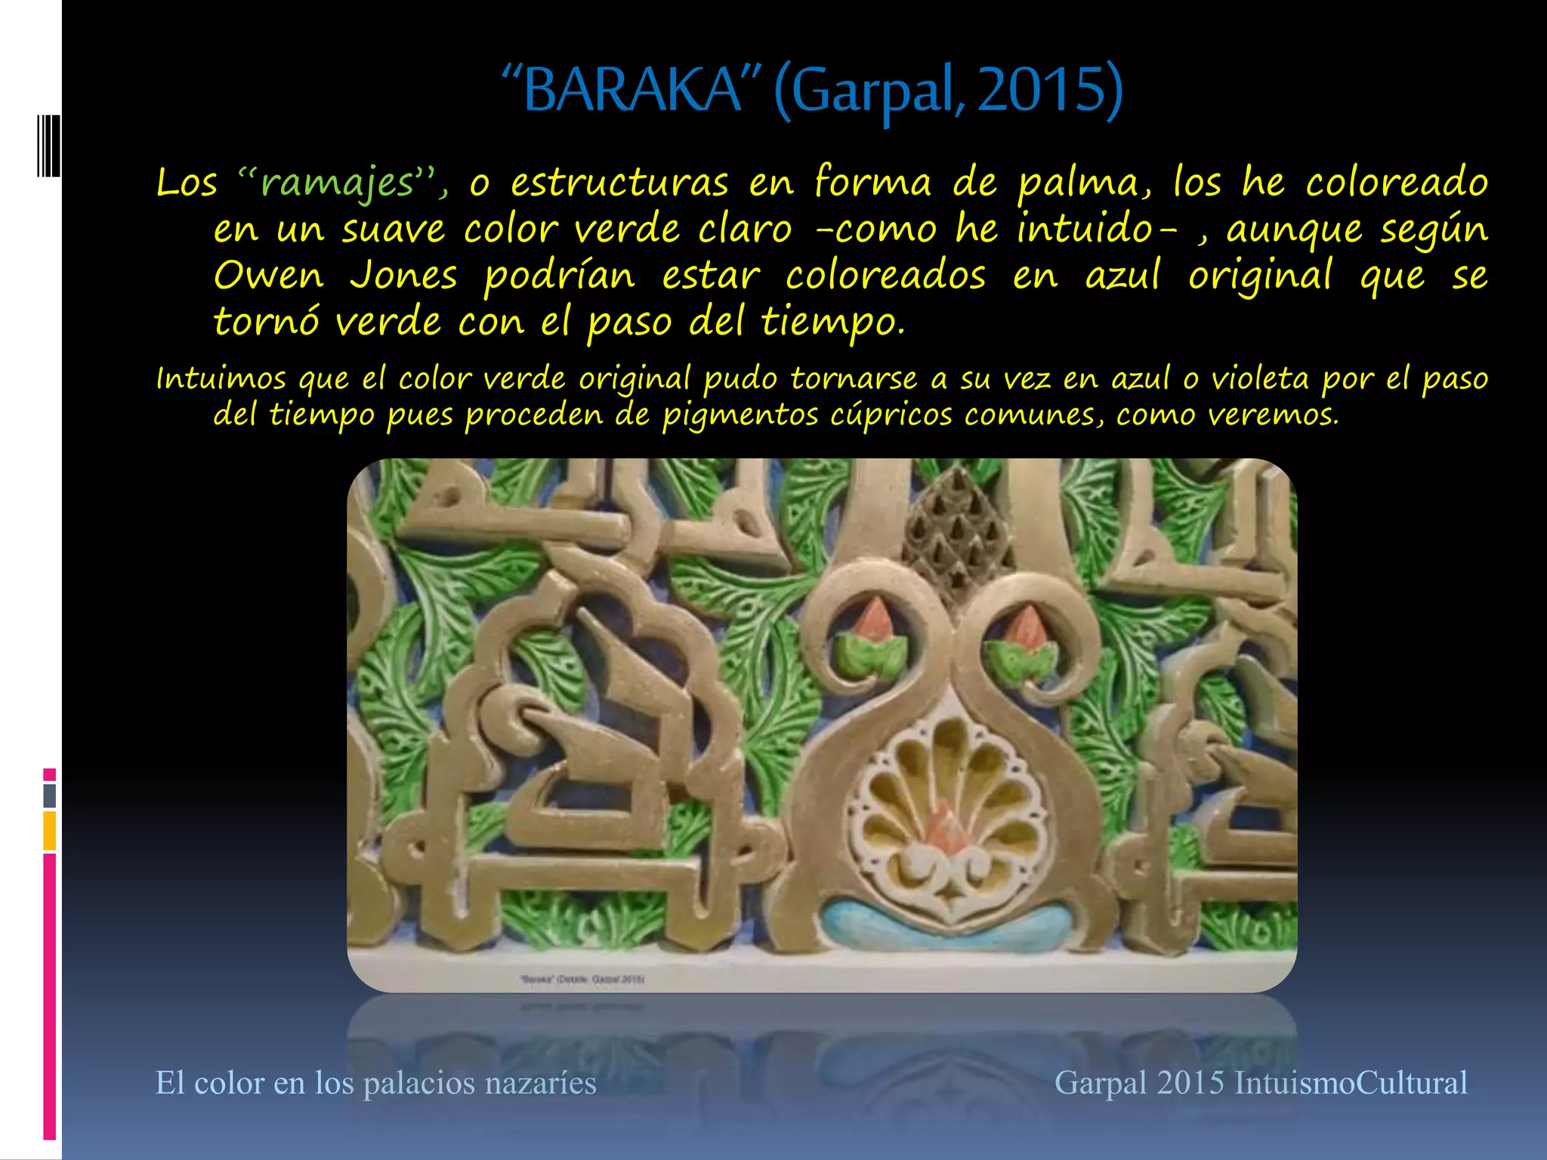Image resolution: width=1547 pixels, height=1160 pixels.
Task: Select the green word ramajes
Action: pos(337,184)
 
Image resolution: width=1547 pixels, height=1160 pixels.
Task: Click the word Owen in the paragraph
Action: pos(268,276)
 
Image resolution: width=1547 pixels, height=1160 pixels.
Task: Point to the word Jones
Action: pos(403,276)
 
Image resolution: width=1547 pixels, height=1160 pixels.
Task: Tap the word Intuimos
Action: pos(221,378)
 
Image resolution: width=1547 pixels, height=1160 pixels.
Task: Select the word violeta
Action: pos(1260,378)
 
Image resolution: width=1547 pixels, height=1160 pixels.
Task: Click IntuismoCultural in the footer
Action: pos(1351,1083)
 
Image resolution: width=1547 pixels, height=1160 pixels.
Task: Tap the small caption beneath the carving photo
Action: pos(582,980)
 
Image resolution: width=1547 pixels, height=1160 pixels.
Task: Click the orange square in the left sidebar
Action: pos(50,830)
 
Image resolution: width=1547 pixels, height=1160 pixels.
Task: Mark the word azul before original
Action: pos(1122,276)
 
